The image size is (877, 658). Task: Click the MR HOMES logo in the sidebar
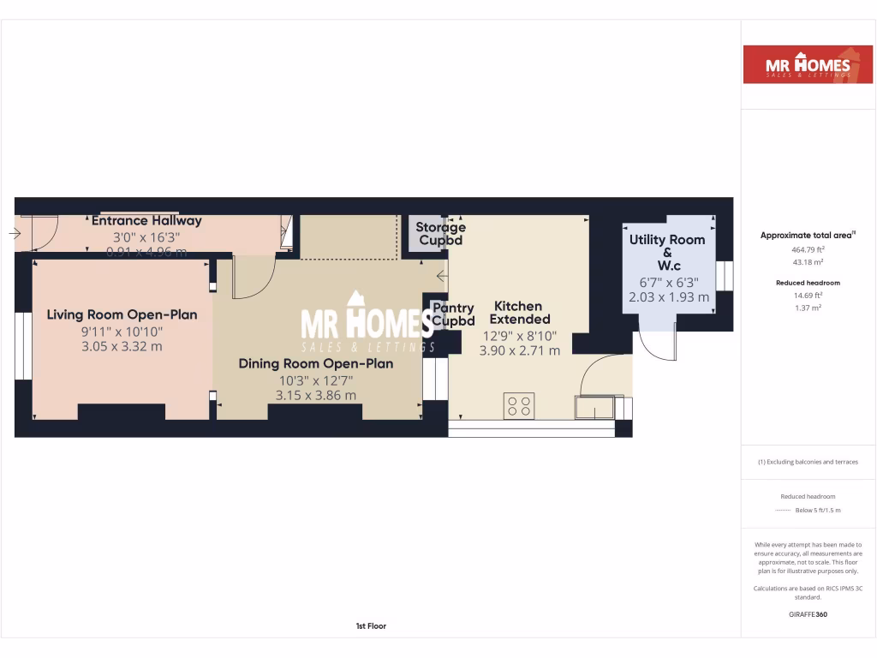(808, 64)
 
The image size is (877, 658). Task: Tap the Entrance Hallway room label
(146, 220)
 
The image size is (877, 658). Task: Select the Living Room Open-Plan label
(122, 314)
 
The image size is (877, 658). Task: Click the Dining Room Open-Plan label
(315, 363)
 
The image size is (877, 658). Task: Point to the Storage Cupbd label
(440, 233)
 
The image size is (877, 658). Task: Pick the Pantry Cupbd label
(453, 314)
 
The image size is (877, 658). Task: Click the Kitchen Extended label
(518, 312)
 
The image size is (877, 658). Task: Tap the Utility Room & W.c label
(667, 253)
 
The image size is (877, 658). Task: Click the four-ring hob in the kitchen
(518, 405)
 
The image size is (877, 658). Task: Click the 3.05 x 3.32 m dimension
(122, 346)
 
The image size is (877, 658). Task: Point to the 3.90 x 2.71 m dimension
(519, 350)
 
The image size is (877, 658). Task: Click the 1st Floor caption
(371, 626)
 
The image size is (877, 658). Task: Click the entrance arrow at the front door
(15, 233)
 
